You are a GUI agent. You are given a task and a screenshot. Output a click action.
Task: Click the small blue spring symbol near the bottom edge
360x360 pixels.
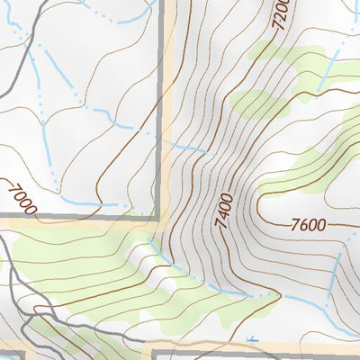253,339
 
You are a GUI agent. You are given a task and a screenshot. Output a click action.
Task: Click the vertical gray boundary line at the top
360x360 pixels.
163,36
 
